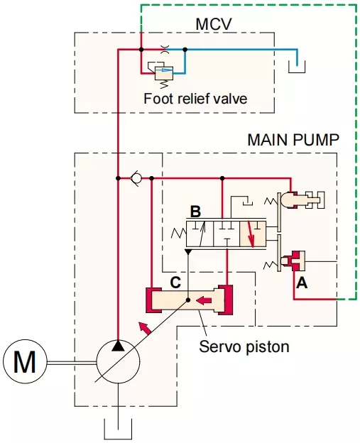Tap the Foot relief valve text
pyautogui.click(x=195, y=99)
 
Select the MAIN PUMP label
pyautogui.click(x=293, y=140)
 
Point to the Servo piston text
pyautogui.click(x=244, y=346)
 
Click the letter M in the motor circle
pyautogui.click(x=25, y=361)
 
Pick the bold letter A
pyautogui.click(x=302, y=283)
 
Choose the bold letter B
pyautogui.click(x=195, y=212)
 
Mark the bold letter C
pyautogui.click(x=175, y=283)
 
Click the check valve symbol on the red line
pyautogui.click(x=136, y=178)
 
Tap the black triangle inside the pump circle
pyautogui.click(x=118, y=346)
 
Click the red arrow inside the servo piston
pyautogui.click(x=204, y=300)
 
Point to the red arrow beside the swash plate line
pyautogui.click(x=145, y=328)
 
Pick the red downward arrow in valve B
pyautogui.click(x=251, y=234)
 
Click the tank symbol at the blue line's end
pyautogui.click(x=297, y=67)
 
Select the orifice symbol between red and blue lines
pyautogui.click(x=163, y=50)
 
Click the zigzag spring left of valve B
pyautogui.click(x=179, y=234)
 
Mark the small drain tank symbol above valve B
pyautogui.click(x=248, y=202)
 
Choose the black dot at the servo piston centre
pyautogui.click(x=188, y=300)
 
